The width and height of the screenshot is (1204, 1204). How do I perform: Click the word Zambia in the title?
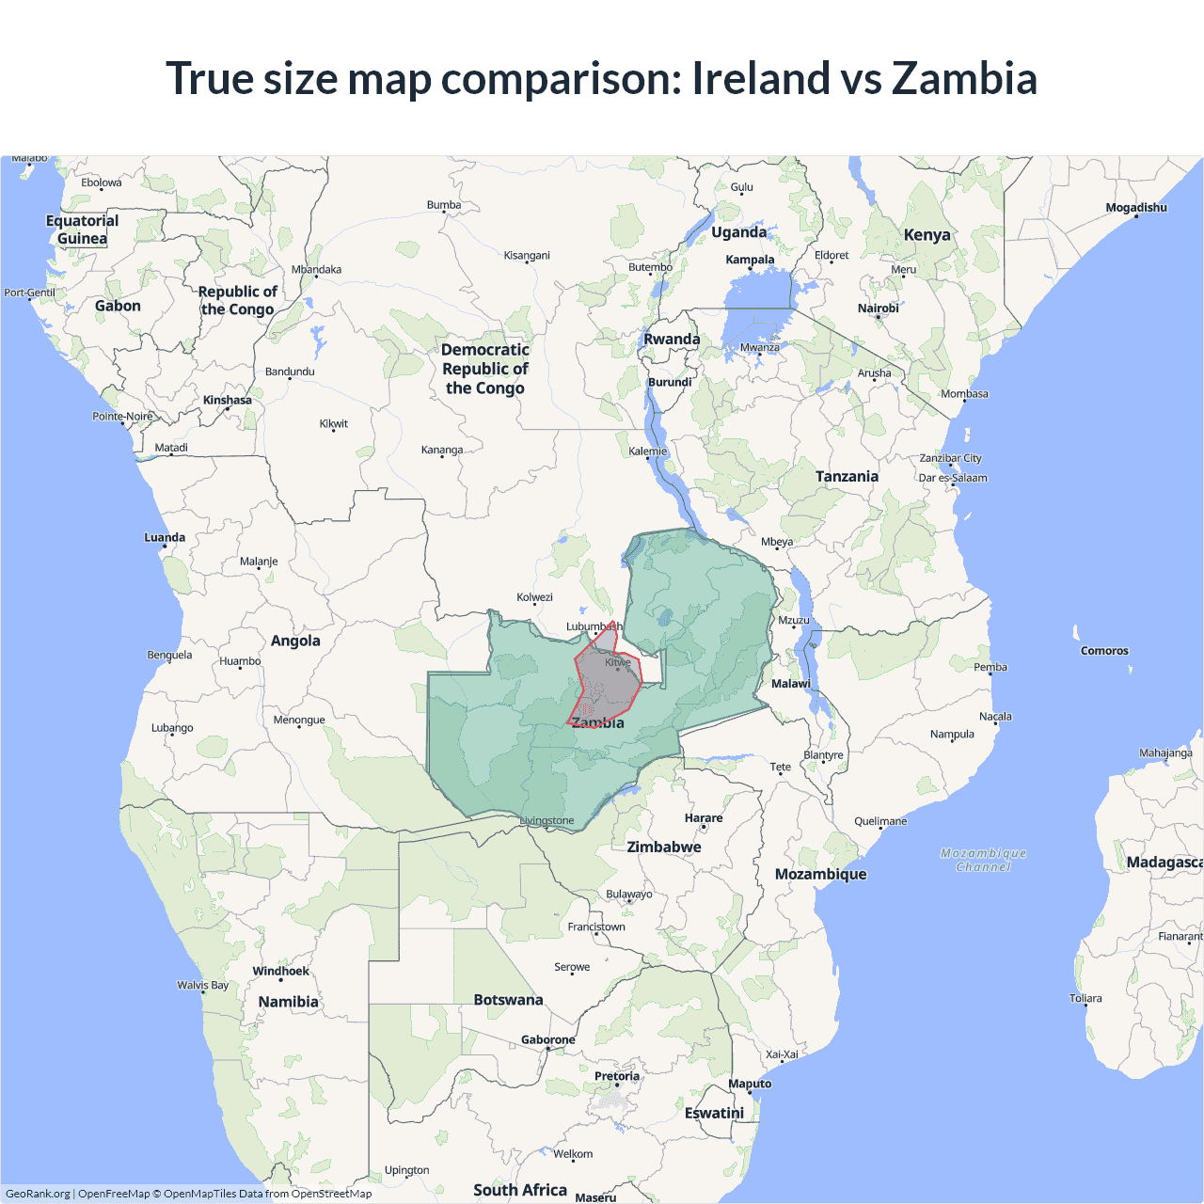[x=964, y=78]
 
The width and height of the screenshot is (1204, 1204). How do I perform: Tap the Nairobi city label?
[x=878, y=308]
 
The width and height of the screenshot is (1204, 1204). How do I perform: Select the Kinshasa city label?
[x=228, y=400]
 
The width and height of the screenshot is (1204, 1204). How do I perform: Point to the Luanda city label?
[x=165, y=537]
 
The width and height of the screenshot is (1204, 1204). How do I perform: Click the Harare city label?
[x=704, y=817]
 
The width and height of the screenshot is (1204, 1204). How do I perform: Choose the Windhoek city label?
[x=280, y=971]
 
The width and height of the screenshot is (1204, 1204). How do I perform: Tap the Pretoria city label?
[x=617, y=1076]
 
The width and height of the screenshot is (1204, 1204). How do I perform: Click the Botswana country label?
[x=508, y=1000]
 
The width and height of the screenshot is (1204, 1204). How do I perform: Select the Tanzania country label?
[x=847, y=476]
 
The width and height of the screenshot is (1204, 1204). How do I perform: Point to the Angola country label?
[x=295, y=641]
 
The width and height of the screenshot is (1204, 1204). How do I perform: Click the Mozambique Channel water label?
[x=983, y=860]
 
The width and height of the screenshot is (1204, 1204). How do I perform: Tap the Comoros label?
[x=1104, y=651]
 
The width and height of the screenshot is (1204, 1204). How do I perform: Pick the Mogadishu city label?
[x=1136, y=208]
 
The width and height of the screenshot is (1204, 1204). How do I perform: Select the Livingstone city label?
[x=547, y=820]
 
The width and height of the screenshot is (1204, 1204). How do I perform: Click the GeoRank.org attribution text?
[x=38, y=1194]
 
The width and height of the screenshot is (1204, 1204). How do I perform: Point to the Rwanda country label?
[x=672, y=339]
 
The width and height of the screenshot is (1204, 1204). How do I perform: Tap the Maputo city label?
[x=750, y=1084]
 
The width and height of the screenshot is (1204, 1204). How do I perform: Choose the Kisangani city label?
[x=527, y=255]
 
